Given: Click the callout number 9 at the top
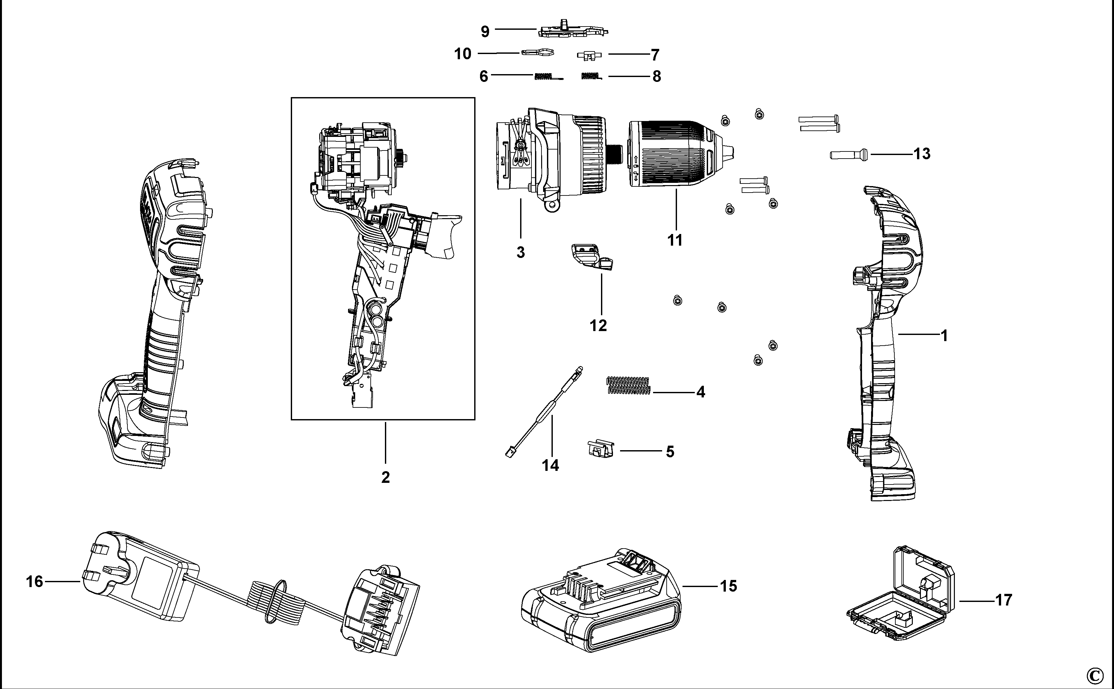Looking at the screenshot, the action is coord(485,31).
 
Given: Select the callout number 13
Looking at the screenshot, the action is coord(922,154).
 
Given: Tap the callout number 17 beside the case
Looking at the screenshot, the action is coord(1003,600).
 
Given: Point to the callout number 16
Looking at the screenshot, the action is coord(35,582).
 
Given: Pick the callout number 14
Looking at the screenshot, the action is coord(550,465).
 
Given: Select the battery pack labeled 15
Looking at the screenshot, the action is coord(601,601).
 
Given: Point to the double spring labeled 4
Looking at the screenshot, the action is coord(628,385).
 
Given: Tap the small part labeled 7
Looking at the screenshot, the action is coord(589,55).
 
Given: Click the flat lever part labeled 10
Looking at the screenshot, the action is coord(537,53).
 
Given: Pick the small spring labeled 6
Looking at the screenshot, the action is coord(548,77).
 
